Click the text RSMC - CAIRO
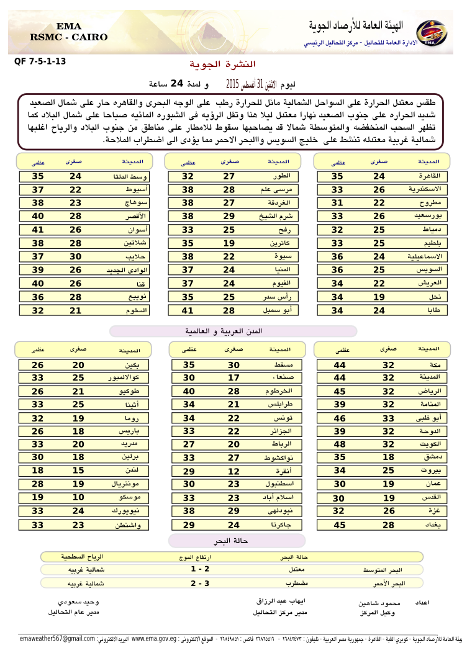coord(69,37)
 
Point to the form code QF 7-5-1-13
coord(40,61)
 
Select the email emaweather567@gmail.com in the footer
coord(57,638)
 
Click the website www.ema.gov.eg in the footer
coord(154,638)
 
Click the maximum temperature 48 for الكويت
coord(340,444)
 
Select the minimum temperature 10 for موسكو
coord(78,498)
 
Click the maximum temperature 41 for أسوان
coord(38,230)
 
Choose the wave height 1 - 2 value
coord(200,569)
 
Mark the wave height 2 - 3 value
coord(200,583)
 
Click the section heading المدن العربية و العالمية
coord(233,331)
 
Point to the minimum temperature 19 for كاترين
coord(229,243)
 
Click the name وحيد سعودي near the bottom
coord(78,602)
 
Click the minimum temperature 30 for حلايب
coord(76,256)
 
